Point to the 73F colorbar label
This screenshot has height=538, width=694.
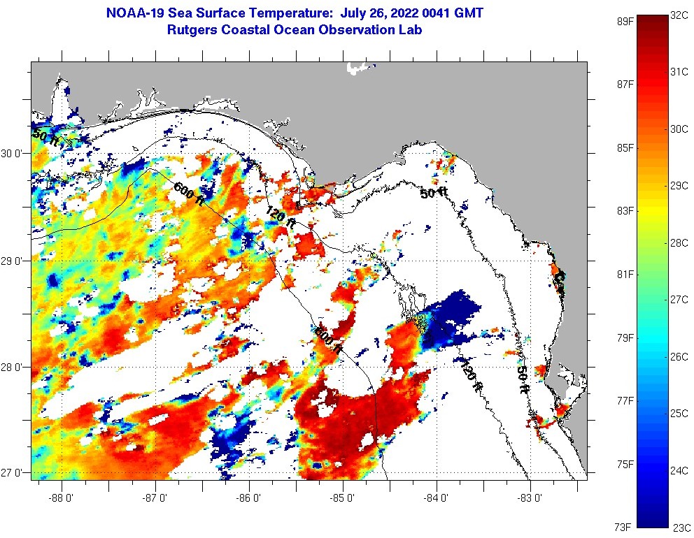point(621,526)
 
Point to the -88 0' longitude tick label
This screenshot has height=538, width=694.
point(61,498)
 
